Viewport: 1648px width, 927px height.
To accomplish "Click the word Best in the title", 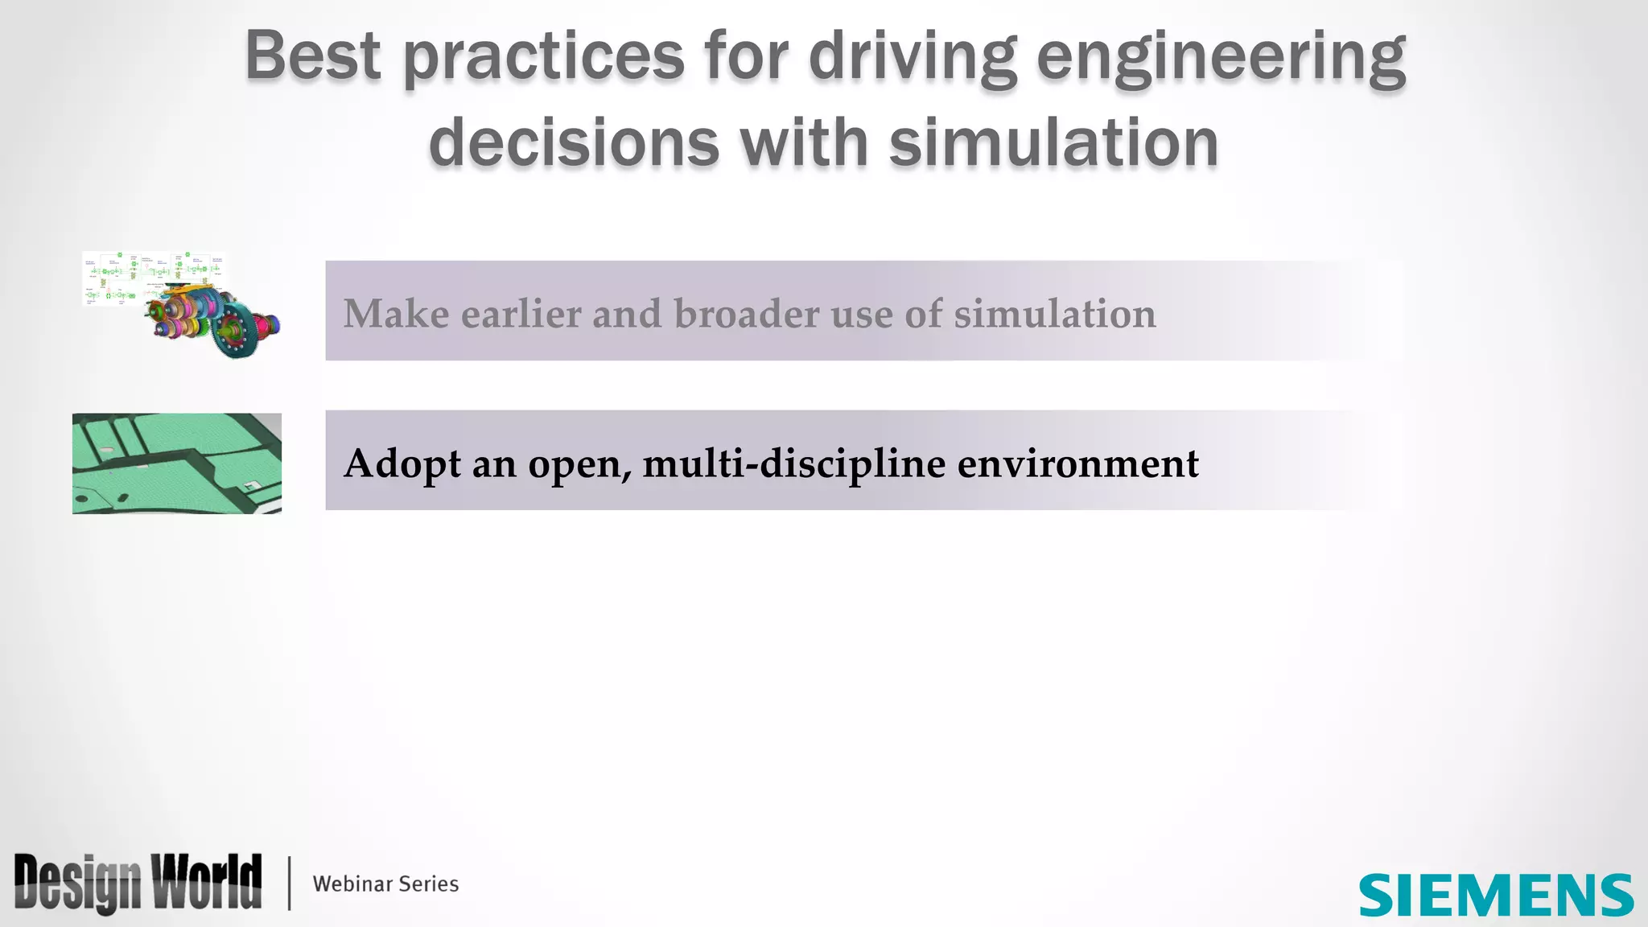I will pos(312,56).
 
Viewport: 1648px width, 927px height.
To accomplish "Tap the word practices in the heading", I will pos(543,58).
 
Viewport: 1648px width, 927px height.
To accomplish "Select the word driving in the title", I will pos(913,58).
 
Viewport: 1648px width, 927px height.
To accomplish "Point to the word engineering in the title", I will pos(1221,58).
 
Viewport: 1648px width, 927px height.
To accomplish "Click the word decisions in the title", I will pos(574,142).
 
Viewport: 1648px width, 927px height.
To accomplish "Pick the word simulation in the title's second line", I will pos(1053,142).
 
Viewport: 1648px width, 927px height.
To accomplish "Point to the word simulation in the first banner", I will pos(1055,314).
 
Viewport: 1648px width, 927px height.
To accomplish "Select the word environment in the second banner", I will pos(1077,464).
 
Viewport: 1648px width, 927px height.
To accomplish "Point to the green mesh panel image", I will pos(177,463).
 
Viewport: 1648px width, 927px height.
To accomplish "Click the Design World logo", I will pos(138,884).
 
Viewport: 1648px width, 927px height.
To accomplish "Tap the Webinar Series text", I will pos(385,884).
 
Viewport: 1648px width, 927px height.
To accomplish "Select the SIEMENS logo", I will pos(1496,895).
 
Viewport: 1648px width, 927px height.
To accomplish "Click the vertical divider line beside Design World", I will pos(289,884).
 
